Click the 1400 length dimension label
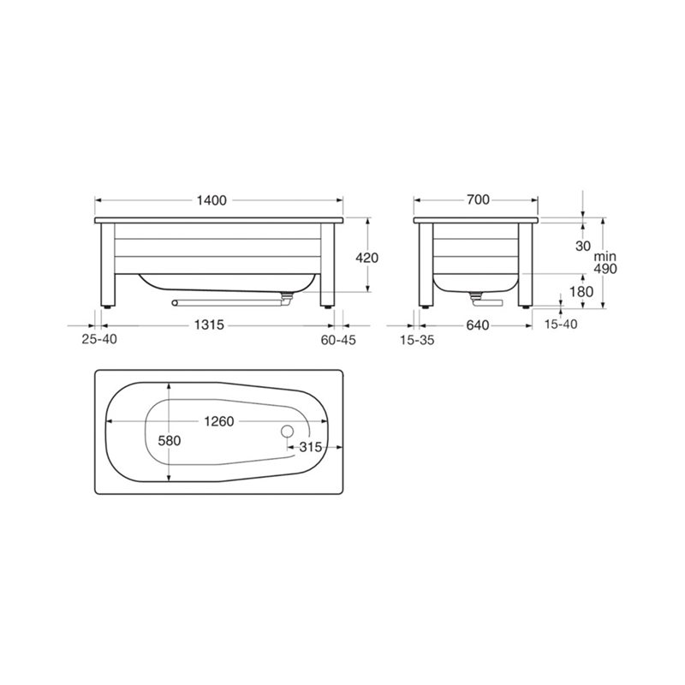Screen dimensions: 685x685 pyautogui.click(x=211, y=200)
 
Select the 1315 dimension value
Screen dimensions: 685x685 pyautogui.click(x=209, y=325)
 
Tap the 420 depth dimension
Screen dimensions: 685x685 pyautogui.click(x=367, y=259)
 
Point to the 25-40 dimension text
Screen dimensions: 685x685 pyautogui.click(x=99, y=339)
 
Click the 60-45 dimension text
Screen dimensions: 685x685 pyautogui.click(x=338, y=340)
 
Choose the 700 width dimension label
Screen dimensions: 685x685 pyautogui.click(x=478, y=200)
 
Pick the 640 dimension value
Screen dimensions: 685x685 pyautogui.click(x=478, y=325)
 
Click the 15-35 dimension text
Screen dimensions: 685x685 pyautogui.click(x=417, y=340)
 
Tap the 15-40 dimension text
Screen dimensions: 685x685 pyautogui.click(x=561, y=325)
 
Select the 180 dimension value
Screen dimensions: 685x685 pyautogui.click(x=581, y=291)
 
